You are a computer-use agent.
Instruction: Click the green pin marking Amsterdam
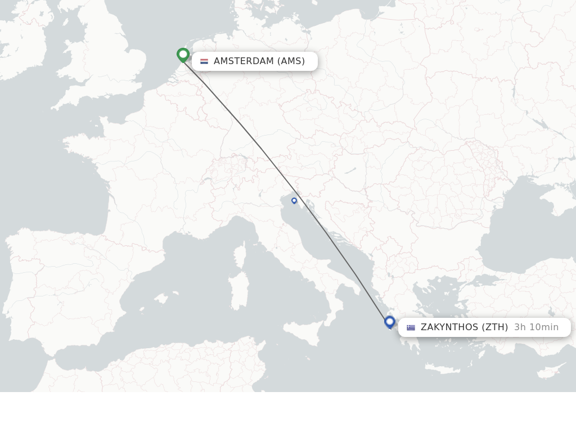click(x=183, y=55)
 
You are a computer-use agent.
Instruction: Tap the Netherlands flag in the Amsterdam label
click(x=204, y=61)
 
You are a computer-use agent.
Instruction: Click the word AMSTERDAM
click(x=244, y=61)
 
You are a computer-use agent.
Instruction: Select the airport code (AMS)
click(x=291, y=61)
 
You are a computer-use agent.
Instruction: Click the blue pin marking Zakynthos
click(x=390, y=322)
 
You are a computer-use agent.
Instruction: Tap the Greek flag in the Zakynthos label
click(x=411, y=327)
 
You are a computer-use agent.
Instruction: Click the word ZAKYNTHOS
click(x=449, y=327)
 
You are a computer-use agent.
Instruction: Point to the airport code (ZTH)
click(x=495, y=327)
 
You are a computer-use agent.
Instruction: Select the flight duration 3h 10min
click(x=536, y=327)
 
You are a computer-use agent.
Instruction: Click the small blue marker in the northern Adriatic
click(x=294, y=201)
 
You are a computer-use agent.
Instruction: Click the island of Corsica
click(x=240, y=255)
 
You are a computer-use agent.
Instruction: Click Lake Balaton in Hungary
click(x=350, y=170)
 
